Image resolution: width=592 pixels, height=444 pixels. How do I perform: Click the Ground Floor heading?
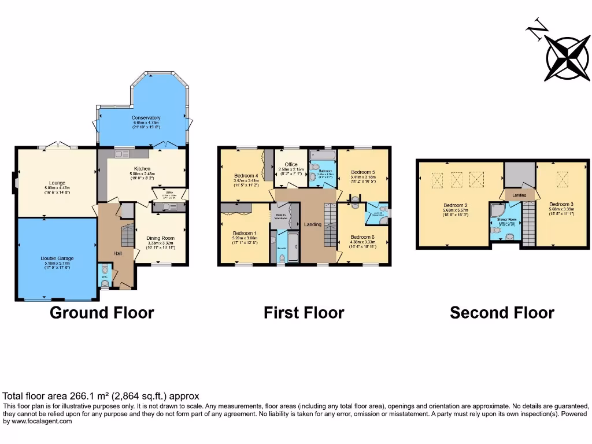click(x=102, y=313)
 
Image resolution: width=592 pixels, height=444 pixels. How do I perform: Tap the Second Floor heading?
click(x=502, y=313)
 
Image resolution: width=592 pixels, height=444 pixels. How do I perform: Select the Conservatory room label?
click(x=146, y=118)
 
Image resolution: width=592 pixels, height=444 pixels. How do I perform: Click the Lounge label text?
click(x=57, y=183)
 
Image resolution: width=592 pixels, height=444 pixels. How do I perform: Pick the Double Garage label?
click(x=56, y=258)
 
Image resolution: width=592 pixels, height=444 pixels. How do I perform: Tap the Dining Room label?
click(x=159, y=238)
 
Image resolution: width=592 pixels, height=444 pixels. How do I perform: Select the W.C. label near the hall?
click(x=105, y=276)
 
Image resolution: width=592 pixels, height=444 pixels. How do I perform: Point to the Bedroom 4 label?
click(x=246, y=175)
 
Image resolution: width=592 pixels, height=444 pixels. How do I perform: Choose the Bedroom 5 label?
click(x=363, y=172)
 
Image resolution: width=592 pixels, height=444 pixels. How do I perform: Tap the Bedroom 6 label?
click(x=363, y=237)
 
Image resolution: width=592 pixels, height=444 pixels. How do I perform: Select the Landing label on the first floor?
click(x=313, y=224)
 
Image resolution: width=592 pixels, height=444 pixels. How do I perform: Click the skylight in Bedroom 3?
click(x=562, y=180)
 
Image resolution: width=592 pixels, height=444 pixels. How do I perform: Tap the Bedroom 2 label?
click(x=456, y=205)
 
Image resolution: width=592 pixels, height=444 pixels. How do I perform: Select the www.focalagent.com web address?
click(x=40, y=421)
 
